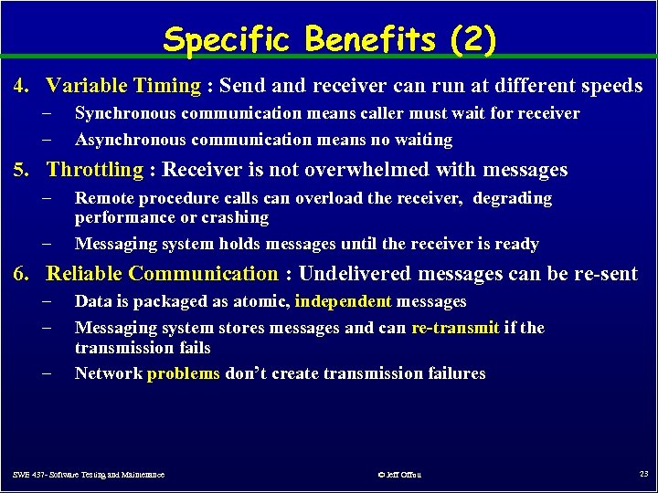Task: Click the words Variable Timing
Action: (x=123, y=86)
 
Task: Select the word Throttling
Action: (x=95, y=170)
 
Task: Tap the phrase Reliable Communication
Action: (x=162, y=274)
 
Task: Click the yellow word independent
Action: (x=344, y=301)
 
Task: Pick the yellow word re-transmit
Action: (x=455, y=328)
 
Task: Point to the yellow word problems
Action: (x=184, y=373)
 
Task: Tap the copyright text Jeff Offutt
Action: (x=399, y=475)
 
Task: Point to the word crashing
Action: (x=237, y=217)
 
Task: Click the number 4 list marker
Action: (x=21, y=86)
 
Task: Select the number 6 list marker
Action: (x=21, y=274)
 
